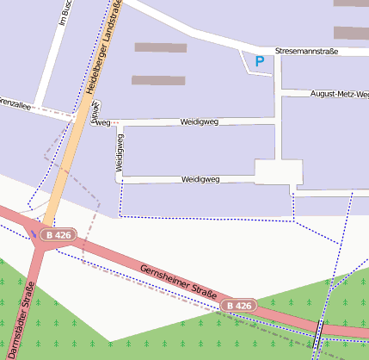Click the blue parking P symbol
[x=260, y=61]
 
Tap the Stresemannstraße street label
[x=307, y=52]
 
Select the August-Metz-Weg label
[x=339, y=93]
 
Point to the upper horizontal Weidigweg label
[x=200, y=122]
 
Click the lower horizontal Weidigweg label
[x=201, y=179]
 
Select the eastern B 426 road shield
[x=239, y=306]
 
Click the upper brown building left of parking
[x=161, y=47]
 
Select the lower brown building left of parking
[x=158, y=80]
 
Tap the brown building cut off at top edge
[x=351, y=3]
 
